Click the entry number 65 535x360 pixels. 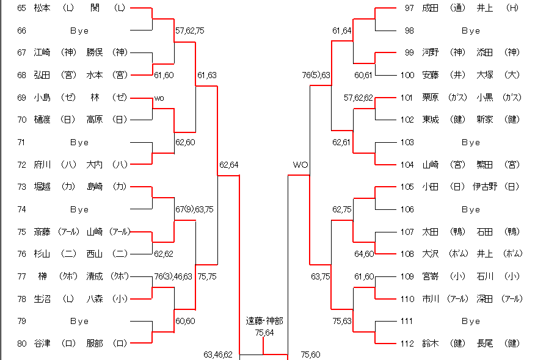coord(21,8)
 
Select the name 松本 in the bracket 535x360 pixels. coord(42,8)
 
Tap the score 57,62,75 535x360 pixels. coord(190,30)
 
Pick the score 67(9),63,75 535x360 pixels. coord(194,209)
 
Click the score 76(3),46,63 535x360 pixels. coord(173,276)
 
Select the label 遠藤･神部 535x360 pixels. coord(264,320)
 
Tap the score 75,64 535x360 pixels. coord(264,332)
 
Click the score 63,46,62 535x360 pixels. coord(218,355)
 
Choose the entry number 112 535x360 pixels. coord(407,344)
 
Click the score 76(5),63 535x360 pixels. coord(316,75)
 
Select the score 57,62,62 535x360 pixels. coord(358,98)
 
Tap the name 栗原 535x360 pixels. coord(431,98)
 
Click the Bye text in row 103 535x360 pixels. coord(470,142)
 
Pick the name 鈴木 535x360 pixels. coord(431,344)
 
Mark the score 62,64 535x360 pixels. coord(229,165)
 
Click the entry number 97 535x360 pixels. coord(409,8)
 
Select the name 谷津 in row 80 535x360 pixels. coord(42,344)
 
